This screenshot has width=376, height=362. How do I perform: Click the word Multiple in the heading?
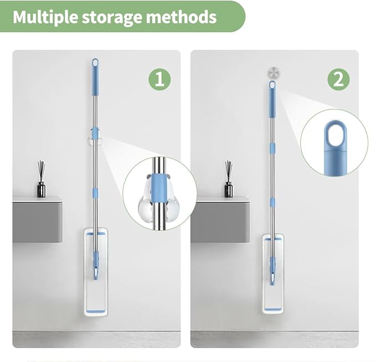(45, 17)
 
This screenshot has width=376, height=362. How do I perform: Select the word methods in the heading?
(181, 17)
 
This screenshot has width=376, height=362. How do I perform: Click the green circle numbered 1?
(159, 79)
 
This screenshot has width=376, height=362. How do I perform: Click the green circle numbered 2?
(338, 79)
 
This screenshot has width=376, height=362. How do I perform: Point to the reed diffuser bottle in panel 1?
(42, 179)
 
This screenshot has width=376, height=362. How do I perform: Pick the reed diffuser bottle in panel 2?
(229, 179)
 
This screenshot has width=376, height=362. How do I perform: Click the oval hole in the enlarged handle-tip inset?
(335, 136)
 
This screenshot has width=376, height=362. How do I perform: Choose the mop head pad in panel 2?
(273, 274)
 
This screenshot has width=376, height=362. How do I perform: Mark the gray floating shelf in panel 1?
(38, 220)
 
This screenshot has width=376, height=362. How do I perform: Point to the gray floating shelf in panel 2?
(220, 220)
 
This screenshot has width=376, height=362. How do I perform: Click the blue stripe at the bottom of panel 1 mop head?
(96, 312)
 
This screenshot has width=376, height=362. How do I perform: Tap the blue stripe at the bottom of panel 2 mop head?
(273, 309)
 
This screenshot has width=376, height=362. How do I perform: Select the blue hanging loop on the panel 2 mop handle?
(272, 86)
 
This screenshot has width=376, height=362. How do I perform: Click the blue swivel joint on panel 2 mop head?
(272, 271)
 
